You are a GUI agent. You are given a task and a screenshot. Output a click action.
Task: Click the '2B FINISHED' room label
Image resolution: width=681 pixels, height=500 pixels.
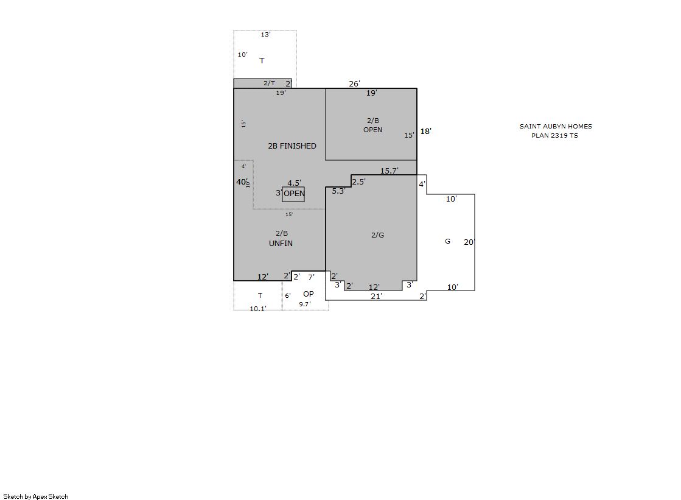click(x=292, y=146)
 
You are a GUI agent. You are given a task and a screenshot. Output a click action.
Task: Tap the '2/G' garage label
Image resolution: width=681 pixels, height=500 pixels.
click(x=377, y=235)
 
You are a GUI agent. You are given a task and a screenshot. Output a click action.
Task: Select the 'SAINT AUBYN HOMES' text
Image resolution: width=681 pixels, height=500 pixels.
click(x=556, y=127)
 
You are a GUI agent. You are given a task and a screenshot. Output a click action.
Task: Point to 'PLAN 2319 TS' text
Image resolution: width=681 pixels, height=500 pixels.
click(x=554, y=136)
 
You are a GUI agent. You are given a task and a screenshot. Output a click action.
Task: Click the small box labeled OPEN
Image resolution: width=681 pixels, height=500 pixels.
click(x=293, y=194)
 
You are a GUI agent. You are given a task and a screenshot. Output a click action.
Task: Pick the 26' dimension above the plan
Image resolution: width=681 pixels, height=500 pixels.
click(x=354, y=84)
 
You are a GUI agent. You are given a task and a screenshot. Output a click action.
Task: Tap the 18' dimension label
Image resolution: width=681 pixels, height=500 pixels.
click(x=425, y=132)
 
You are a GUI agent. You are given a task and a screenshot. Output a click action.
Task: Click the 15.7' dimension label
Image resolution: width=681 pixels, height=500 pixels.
click(x=389, y=171)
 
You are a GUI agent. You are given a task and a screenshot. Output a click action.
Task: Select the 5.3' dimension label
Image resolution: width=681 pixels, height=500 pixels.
click(x=338, y=191)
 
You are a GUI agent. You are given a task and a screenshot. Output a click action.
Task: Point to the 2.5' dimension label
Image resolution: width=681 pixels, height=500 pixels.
click(x=358, y=181)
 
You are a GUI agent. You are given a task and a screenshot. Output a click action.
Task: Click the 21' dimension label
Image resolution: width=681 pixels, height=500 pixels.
click(x=376, y=297)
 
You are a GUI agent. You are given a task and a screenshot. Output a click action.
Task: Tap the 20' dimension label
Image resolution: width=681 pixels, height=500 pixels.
click(x=469, y=242)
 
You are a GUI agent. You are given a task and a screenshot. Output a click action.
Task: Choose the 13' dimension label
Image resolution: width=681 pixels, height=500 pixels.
click(x=265, y=34)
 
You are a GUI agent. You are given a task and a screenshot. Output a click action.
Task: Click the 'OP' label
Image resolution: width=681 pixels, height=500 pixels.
click(x=309, y=294)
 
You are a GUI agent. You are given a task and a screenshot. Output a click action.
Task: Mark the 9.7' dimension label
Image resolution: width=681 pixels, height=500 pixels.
click(x=305, y=305)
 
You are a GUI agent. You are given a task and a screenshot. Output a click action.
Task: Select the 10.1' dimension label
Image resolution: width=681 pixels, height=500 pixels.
click(x=258, y=309)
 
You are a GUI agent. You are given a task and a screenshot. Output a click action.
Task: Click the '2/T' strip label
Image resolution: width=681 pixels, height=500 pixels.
click(x=269, y=83)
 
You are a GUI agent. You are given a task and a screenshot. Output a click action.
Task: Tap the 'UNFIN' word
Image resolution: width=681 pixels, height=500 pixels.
click(x=281, y=244)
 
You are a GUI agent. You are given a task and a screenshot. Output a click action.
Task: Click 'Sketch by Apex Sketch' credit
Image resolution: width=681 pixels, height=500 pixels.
click(x=36, y=496)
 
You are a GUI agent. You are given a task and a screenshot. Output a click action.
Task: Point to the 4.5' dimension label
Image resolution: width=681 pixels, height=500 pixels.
click(x=294, y=183)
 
